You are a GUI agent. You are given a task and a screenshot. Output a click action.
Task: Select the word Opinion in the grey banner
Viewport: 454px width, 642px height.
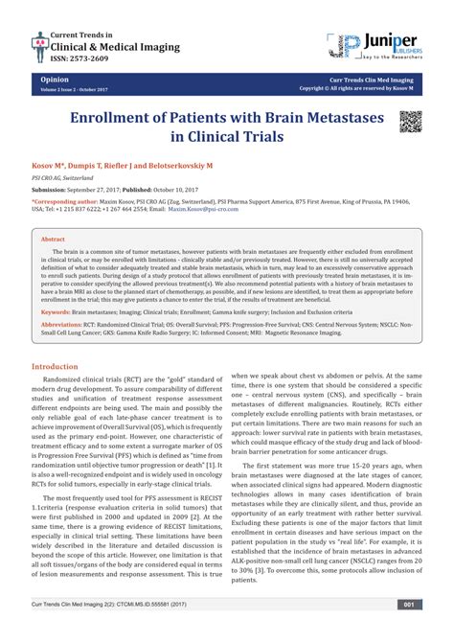(x=54, y=82)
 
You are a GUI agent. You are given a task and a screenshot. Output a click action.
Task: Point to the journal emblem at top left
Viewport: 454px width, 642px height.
(x=41, y=43)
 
